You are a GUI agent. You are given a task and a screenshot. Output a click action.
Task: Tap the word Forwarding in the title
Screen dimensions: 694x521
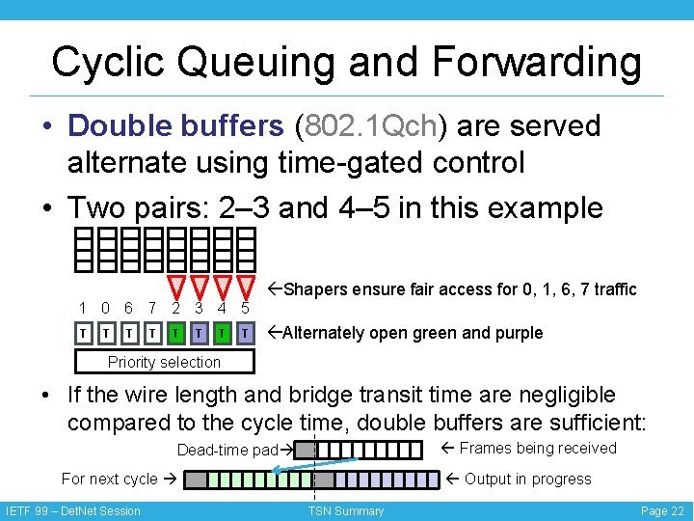537,62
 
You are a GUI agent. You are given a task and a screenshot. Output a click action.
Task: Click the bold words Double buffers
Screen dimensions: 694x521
175,125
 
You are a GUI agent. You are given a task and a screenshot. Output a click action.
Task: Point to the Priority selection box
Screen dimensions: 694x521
165,362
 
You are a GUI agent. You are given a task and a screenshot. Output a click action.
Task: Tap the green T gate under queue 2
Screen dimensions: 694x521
176,333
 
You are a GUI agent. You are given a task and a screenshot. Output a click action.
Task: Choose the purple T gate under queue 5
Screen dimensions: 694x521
246,333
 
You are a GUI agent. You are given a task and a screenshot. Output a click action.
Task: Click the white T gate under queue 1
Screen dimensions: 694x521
85,333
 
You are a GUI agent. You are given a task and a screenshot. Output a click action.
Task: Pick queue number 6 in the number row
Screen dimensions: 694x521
129,309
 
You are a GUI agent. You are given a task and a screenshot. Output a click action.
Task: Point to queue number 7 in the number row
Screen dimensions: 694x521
152,309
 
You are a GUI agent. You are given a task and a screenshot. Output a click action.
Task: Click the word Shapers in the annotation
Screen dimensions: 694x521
317,289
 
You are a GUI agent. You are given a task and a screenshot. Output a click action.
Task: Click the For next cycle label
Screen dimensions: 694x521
109,479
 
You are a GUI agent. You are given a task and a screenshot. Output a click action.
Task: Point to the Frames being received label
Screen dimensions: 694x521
538,448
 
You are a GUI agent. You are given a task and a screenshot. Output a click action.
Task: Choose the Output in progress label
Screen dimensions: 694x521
528,479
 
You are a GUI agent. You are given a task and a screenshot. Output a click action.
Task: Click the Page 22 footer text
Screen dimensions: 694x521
662,511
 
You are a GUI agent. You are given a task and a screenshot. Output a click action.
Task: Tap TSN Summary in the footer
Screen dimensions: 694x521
346,511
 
